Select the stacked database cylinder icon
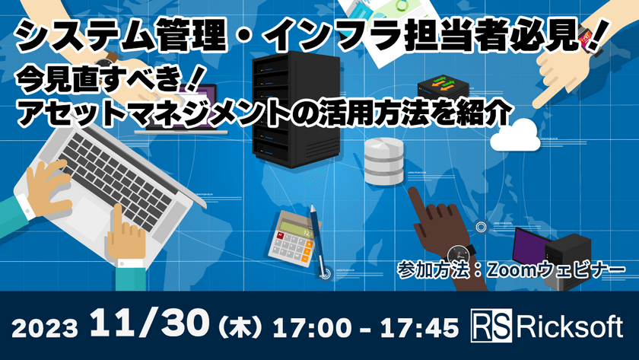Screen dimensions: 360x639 [383, 162]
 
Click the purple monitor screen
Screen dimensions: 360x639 [533, 245]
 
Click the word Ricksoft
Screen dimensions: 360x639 [563, 328]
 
